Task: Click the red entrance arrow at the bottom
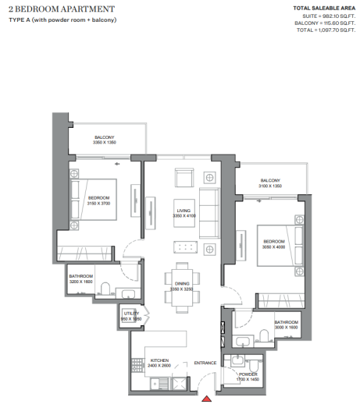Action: tap(206, 399)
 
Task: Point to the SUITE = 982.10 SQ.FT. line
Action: tap(324, 16)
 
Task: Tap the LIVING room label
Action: tap(184, 212)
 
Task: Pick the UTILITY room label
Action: tap(130, 316)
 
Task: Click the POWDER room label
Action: tap(248, 377)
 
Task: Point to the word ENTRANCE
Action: tap(205, 363)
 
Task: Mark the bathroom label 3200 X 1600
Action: tap(81, 278)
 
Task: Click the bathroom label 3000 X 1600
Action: tap(287, 325)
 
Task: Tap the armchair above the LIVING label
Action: tap(185, 178)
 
